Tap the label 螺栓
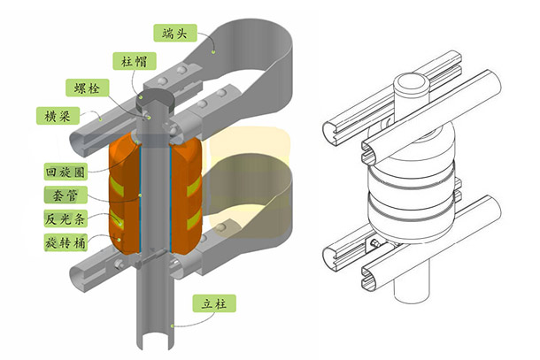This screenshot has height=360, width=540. [84, 88]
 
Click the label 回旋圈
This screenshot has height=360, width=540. [64, 172]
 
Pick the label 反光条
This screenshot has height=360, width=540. [64, 218]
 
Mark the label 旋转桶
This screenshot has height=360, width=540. [64, 241]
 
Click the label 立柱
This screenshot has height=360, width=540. [212, 303]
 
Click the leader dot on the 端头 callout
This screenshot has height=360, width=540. [213, 52]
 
